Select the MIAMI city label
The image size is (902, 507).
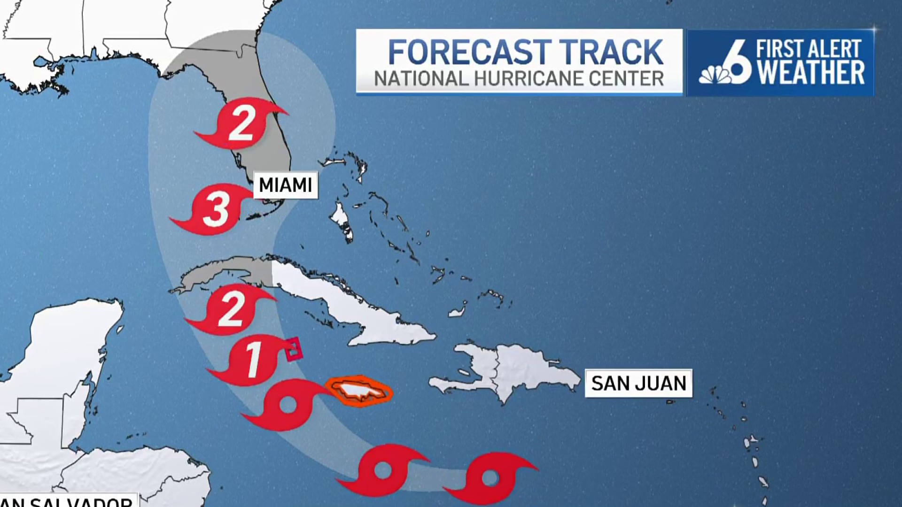[x=286, y=185]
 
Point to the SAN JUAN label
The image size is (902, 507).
[x=638, y=383]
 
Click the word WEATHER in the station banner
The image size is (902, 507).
[x=811, y=73]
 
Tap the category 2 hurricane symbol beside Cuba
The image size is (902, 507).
[x=231, y=309]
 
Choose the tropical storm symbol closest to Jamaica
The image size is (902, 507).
[x=287, y=405]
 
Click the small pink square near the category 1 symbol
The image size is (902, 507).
[x=294, y=349]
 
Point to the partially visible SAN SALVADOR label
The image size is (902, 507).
[x=68, y=501]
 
